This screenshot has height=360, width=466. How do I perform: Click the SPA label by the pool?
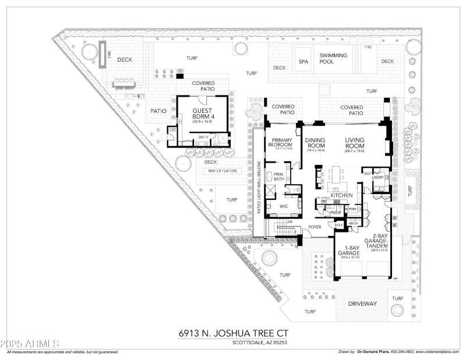click(x=303, y=61)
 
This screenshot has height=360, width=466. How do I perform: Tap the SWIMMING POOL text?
click(x=333, y=59)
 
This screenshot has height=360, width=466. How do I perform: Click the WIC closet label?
click(x=284, y=206)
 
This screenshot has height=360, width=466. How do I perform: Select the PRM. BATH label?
click(x=280, y=177)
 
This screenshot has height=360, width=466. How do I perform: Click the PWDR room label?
click(x=336, y=213)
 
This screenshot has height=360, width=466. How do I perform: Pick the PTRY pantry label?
click(x=352, y=209)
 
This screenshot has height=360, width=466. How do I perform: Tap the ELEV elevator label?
click(x=338, y=223)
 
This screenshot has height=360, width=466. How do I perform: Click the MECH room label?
click(x=353, y=223)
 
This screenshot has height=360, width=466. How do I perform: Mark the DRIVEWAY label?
click(x=362, y=304)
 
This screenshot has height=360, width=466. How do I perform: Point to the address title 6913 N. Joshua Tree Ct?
click(x=233, y=333)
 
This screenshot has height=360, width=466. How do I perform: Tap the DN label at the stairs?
click(x=289, y=222)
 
